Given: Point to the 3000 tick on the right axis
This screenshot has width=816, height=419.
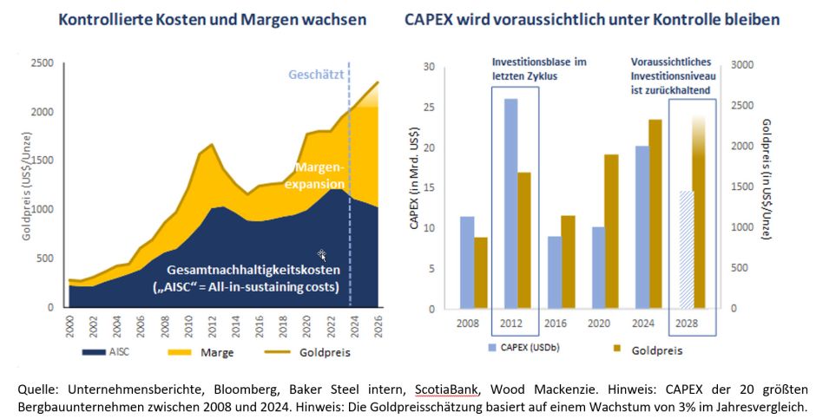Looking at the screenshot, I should click(740, 65).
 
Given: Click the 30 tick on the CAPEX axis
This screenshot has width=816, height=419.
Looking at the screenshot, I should click(428, 66).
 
